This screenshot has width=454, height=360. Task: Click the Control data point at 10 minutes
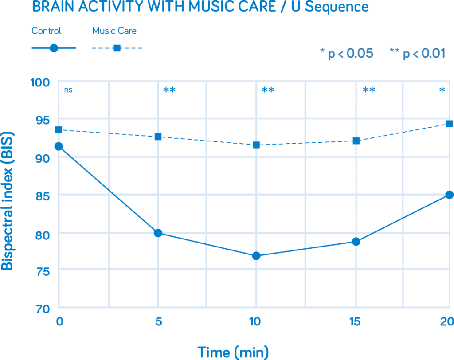point(256,256)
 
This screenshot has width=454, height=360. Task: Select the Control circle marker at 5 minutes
point(158,233)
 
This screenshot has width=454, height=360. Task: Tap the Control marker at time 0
point(59,146)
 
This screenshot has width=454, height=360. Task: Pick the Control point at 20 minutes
point(450,195)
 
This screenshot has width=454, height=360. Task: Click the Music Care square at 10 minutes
point(256,145)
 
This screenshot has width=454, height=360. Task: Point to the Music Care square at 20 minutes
point(450,124)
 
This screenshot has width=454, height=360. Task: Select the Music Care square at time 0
point(59,129)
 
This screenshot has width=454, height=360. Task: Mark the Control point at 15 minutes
point(356,242)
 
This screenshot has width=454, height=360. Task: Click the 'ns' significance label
point(68,90)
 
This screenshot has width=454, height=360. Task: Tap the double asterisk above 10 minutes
point(268,90)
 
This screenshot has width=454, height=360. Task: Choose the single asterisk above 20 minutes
point(442,90)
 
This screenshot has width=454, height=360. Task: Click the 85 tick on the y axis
point(41,196)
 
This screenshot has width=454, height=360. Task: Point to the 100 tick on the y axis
point(39,82)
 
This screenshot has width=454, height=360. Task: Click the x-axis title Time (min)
point(233,352)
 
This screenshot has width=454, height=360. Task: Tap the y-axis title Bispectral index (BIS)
point(7,195)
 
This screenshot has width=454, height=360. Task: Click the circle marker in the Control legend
point(54,48)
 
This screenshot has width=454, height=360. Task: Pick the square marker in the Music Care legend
point(117,48)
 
